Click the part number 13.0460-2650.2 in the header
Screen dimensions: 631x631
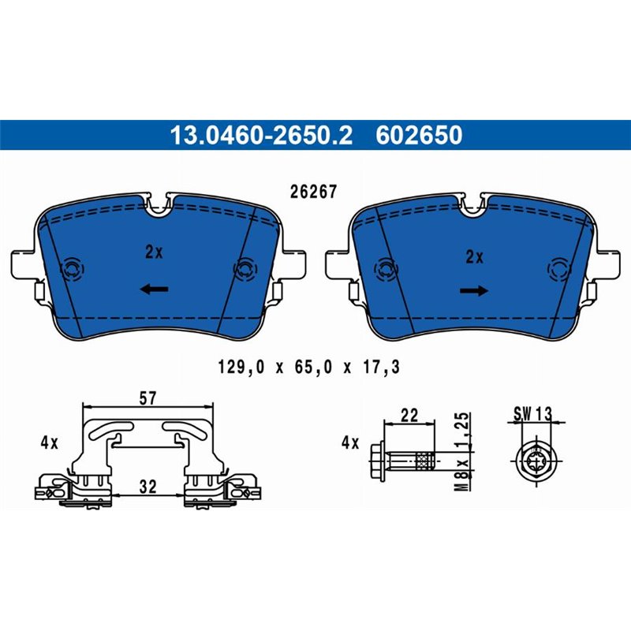(261, 136)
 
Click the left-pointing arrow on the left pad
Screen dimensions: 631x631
(154, 289)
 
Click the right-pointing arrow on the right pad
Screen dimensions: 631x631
(474, 290)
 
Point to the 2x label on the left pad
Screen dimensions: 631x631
(153, 252)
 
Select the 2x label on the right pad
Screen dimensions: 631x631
(474, 256)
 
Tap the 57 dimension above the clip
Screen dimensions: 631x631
(147, 400)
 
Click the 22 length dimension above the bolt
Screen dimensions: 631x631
(409, 415)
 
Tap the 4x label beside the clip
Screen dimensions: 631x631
(49, 442)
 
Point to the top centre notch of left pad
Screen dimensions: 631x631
(160, 207)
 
